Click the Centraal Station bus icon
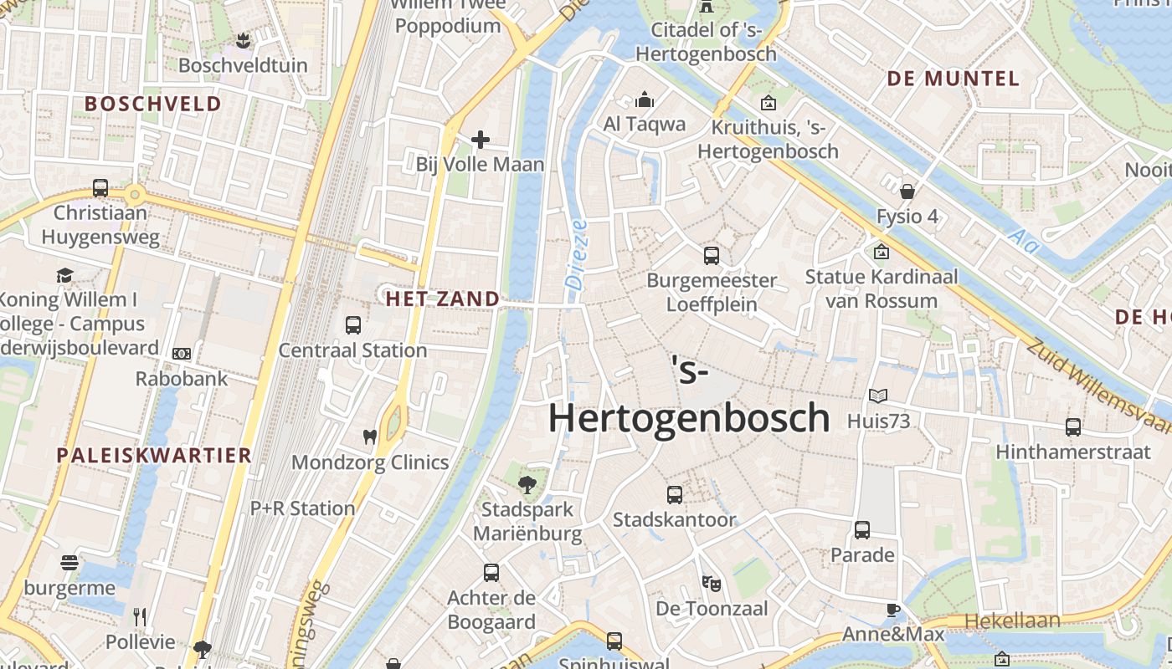click(353, 324)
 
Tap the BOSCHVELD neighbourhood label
click(153, 104)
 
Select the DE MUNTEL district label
click(953, 79)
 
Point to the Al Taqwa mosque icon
click(645, 100)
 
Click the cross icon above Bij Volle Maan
click(481, 139)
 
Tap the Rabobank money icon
click(182, 354)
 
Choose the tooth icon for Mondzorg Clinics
click(369, 437)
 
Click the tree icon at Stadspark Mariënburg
click(527, 483)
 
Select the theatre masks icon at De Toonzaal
click(712, 583)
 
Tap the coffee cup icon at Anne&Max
click(893, 610)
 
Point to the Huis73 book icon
click(878, 396)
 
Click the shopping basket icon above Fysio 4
click(907, 191)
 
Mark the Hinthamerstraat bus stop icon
click(1073, 426)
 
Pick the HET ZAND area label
click(442, 299)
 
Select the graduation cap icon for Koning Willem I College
click(65, 274)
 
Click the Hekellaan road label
click(1012, 620)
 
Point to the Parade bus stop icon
click(862, 529)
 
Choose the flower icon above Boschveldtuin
click(243, 39)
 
